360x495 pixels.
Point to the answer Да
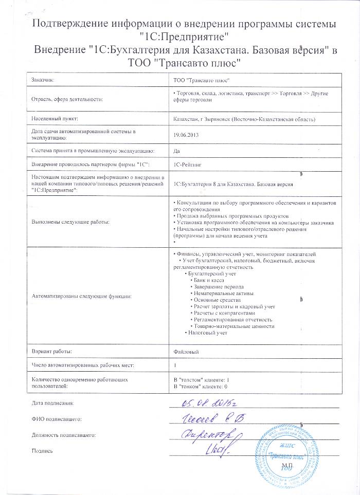click(x=177, y=151)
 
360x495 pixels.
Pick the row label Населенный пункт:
click(x=54, y=119)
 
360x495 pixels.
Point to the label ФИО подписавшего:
click(x=57, y=419)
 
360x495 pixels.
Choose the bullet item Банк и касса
click(x=210, y=280)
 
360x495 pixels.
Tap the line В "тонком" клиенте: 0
click(x=201, y=385)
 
